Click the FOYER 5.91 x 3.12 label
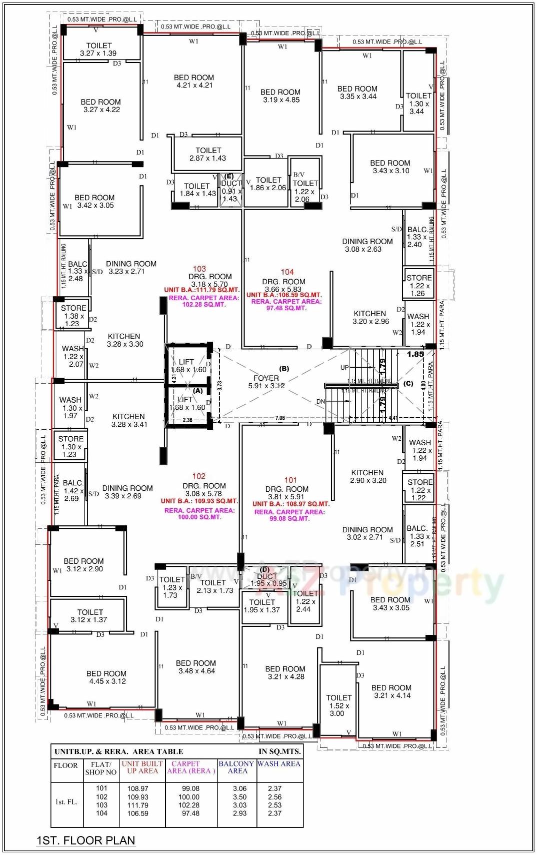click(x=266, y=382)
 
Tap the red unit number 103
click(x=199, y=269)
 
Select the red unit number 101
click(x=290, y=480)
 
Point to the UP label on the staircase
click(x=344, y=368)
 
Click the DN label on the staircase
click(x=320, y=402)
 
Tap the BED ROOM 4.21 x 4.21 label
click(x=194, y=81)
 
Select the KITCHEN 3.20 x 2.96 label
click(x=370, y=317)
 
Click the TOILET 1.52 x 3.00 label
click(x=338, y=705)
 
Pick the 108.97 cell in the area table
click(x=138, y=788)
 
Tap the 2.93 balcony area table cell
click(x=239, y=813)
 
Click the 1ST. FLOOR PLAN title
click(x=85, y=840)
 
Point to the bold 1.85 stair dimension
click(x=415, y=354)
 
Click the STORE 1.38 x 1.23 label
click(x=73, y=316)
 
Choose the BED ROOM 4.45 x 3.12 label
click(x=106, y=677)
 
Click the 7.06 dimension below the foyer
click(x=280, y=418)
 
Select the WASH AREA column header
click(x=279, y=764)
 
